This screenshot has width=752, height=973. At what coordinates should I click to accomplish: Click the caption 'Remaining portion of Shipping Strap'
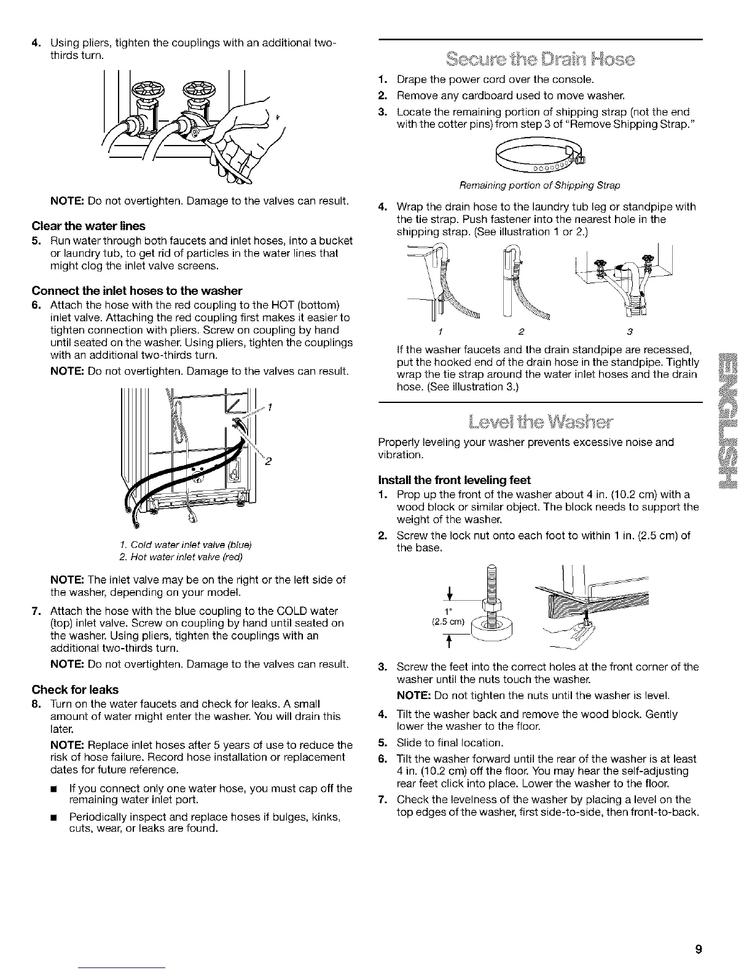pos(540,186)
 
